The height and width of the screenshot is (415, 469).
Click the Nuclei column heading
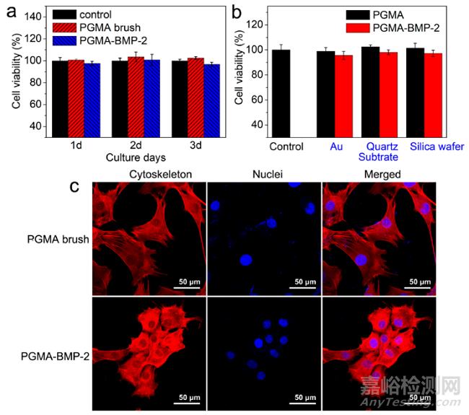pos(259,174)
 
